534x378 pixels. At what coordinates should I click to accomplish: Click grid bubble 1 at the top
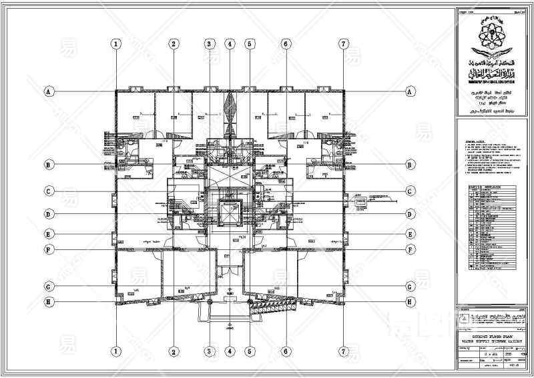pos(116,44)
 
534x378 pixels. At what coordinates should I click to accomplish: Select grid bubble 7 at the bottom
pos(343,351)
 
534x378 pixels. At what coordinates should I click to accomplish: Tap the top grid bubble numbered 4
pos(230,44)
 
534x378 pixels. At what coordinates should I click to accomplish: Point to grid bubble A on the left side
pos(49,91)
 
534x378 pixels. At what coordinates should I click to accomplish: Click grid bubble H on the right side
pos(411,301)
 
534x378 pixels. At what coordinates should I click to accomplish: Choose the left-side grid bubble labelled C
pos(49,191)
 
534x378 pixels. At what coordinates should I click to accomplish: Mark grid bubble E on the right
pos(411,234)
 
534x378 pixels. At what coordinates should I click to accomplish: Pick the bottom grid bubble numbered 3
pos(209,351)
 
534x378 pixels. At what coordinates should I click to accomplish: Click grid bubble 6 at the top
pos(286,44)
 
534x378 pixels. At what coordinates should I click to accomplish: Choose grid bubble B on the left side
pos(49,165)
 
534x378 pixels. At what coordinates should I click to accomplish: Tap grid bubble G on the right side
pos(411,287)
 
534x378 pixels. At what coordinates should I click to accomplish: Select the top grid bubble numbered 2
pos(173,44)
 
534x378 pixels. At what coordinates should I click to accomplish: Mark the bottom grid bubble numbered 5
pos(250,351)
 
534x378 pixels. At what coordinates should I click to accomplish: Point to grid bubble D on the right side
pos(411,213)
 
